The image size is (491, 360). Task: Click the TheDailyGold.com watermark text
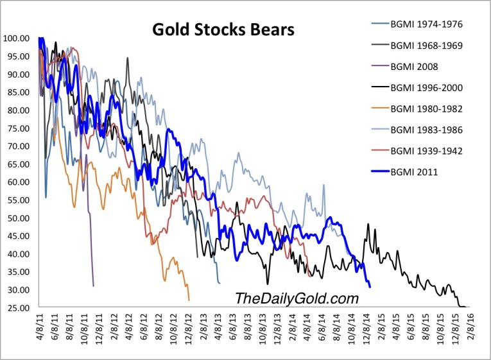pyautogui.click(x=296, y=298)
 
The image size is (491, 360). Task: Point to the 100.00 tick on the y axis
pyautogui.click(x=17, y=38)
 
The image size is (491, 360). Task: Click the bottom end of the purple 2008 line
pyautogui.click(x=94, y=286)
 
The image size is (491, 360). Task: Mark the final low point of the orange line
pyautogui.click(x=189, y=300)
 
